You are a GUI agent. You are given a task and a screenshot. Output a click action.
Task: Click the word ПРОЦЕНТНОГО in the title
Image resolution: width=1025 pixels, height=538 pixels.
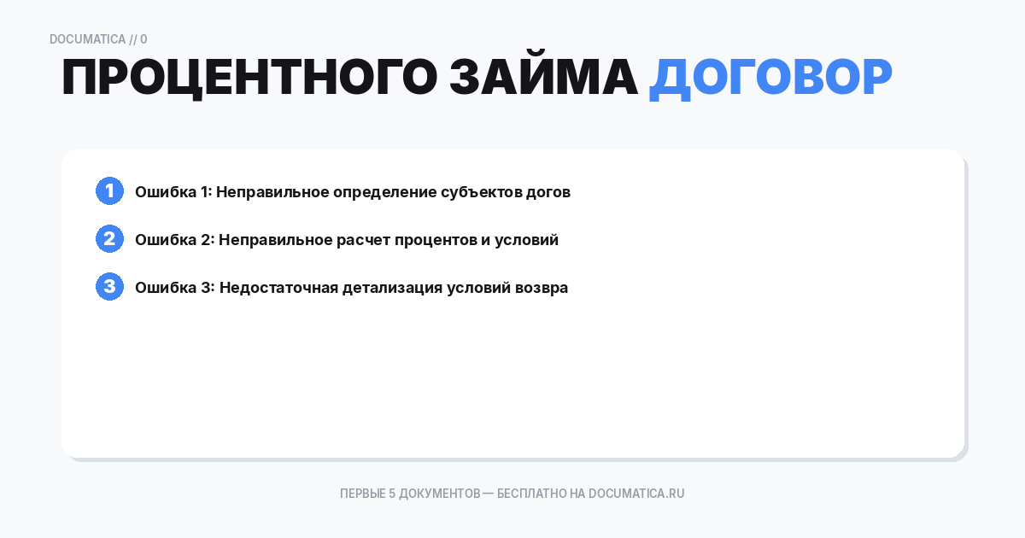click(x=249, y=79)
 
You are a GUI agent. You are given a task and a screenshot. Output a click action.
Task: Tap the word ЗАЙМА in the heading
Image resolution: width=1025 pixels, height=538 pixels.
click(x=543, y=79)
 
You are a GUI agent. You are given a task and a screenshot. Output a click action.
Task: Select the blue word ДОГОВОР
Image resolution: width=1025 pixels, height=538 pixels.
click(x=770, y=79)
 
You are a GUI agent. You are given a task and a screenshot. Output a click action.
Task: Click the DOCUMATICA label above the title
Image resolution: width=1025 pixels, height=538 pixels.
click(x=87, y=39)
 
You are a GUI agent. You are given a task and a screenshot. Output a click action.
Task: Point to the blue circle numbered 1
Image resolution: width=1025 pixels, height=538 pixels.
click(x=109, y=191)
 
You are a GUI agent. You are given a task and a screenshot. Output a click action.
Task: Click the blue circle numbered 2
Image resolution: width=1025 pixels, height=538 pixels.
click(x=109, y=239)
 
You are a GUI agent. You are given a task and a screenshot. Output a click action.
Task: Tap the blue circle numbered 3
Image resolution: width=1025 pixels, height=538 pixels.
click(x=109, y=287)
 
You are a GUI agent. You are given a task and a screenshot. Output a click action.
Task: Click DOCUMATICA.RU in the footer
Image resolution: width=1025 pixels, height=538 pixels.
click(x=636, y=494)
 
